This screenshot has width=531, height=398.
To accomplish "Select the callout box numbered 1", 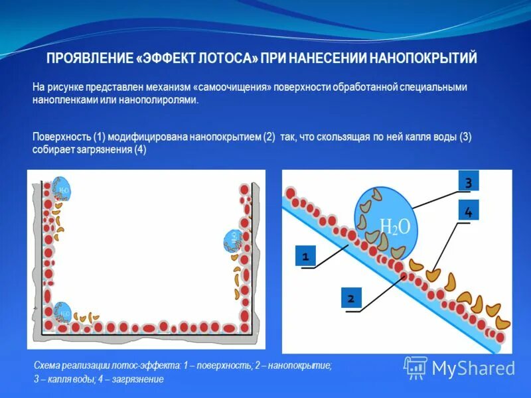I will pos(305,255).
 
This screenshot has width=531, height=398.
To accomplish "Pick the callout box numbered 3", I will pos(469,181).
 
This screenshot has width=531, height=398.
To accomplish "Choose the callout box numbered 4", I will pos(469,212).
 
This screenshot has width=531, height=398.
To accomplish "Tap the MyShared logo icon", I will pos(416,367).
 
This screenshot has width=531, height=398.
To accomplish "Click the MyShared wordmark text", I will pos(474,368).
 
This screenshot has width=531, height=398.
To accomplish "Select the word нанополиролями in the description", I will pos(159,99).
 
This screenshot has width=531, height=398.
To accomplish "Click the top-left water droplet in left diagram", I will pos(61,190).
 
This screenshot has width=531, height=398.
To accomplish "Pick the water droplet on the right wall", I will pos(232,240).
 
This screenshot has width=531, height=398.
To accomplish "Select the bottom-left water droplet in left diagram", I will pos(62,312).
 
